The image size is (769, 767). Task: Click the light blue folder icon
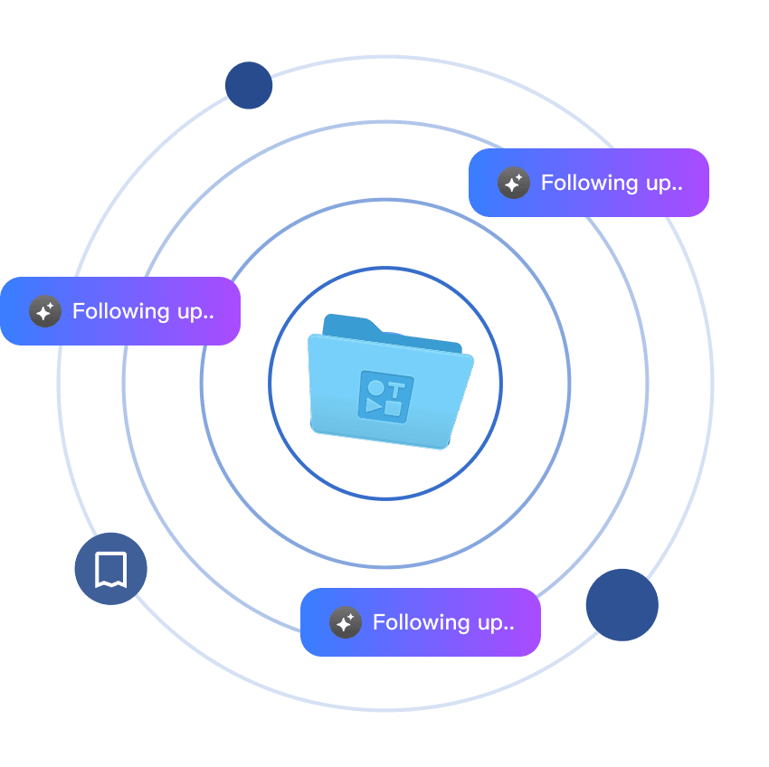[x=389, y=384]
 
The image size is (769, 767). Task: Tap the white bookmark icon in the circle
[x=110, y=569]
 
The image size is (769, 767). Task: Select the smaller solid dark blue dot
[x=249, y=85]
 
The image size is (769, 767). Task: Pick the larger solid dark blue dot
[x=622, y=605]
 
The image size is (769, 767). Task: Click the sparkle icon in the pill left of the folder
[x=45, y=311]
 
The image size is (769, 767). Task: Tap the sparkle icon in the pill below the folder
[x=346, y=622]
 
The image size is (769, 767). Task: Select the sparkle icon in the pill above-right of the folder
[x=514, y=183]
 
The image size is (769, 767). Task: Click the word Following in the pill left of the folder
[x=121, y=311]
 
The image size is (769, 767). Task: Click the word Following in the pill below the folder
[x=422, y=622]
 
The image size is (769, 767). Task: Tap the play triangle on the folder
[x=373, y=405]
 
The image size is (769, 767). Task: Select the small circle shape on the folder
[x=375, y=387]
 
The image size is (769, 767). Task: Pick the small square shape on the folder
[x=393, y=408]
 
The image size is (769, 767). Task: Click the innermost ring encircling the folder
[x=384, y=268]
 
